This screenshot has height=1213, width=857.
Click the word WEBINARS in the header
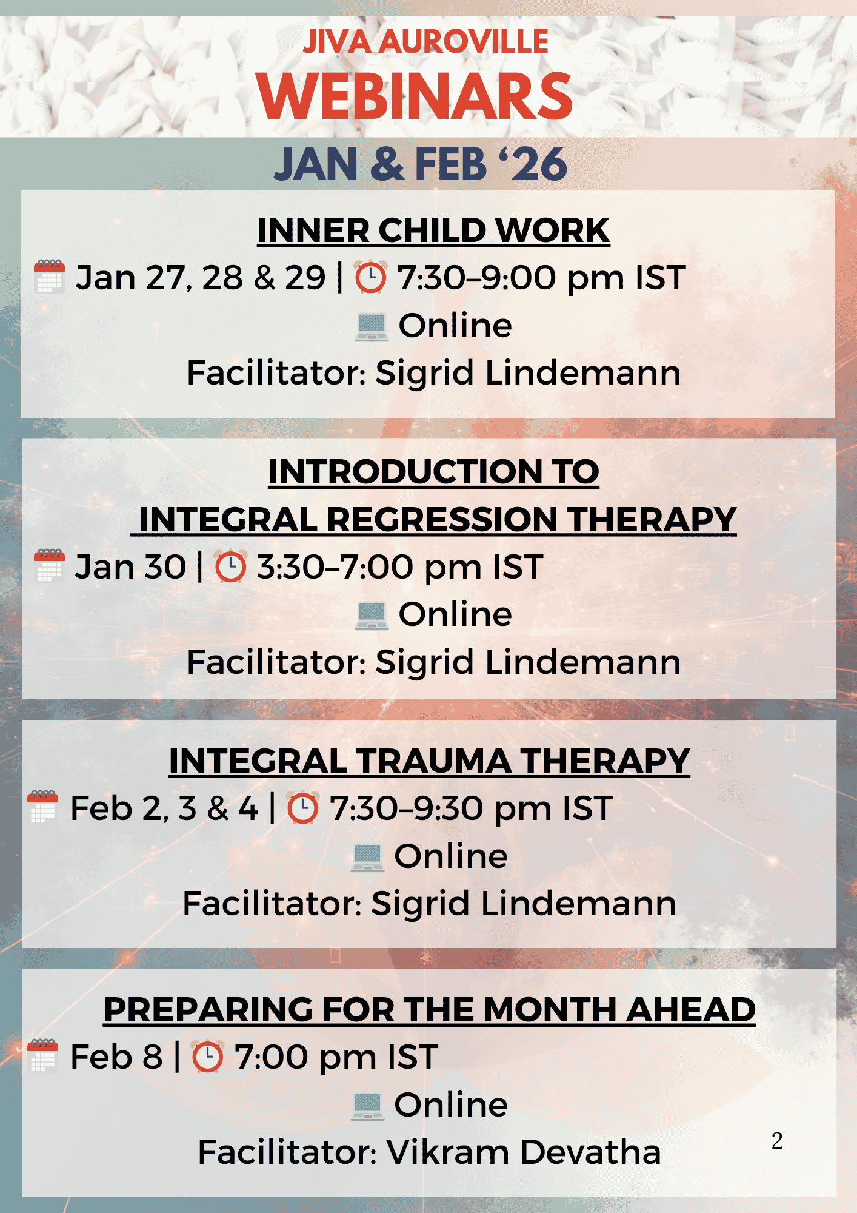[x=415, y=96]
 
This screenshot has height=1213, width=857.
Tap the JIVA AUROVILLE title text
[x=425, y=41]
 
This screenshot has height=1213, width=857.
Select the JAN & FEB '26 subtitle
[x=421, y=164]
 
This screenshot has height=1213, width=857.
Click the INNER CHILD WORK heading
[x=433, y=230]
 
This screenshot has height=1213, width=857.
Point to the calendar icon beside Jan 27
[x=50, y=277]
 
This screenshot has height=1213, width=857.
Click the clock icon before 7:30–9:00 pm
[x=370, y=278]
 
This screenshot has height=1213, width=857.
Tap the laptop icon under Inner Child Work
[x=372, y=327]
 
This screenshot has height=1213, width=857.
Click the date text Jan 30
[x=130, y=567]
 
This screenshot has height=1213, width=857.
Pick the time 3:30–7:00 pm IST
[x=400, y=568]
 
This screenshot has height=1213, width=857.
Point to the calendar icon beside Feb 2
[x=43, y=807]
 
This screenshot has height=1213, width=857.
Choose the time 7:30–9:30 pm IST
[x=472, y=809]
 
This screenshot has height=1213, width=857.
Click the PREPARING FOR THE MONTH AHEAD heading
[x=430, y=1009]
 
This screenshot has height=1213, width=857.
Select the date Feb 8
[x=117, y=1057]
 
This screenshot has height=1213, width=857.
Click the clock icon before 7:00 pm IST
[x=208, y=1057]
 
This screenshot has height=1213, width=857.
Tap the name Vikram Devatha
[x=524, y=1152]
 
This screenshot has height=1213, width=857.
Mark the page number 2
[x=778, y=1141]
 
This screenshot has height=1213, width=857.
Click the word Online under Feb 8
[x=451, y=1105]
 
